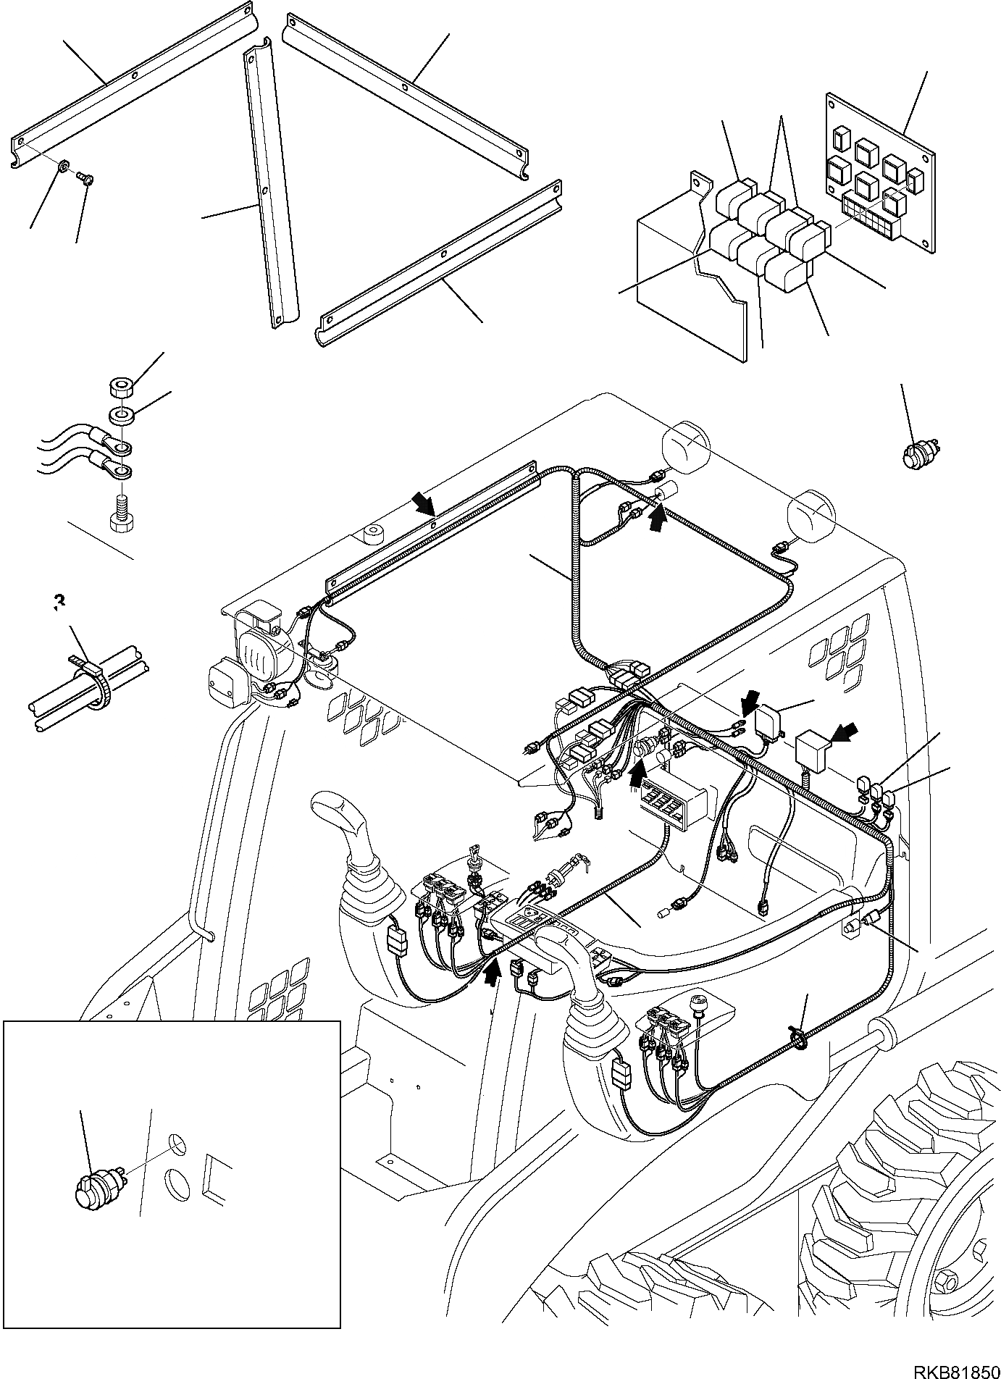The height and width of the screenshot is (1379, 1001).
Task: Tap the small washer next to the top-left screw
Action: (x=64, y=169)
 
